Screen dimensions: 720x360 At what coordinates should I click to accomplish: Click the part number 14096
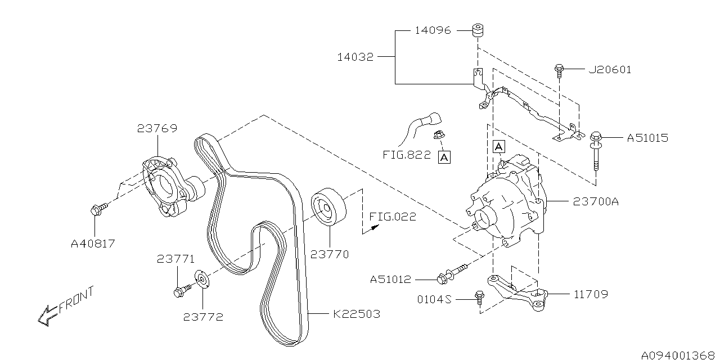(x=433, y=30)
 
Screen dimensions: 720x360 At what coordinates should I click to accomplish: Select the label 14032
(x=355, y=57)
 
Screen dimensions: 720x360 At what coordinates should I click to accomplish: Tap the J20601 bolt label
(x=610, y=70)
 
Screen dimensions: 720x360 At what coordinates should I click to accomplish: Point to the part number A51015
(x=647, y=138)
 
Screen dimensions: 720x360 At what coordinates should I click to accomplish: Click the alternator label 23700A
(x=596, y=201)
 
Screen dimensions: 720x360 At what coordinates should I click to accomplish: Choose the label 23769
(x=157, y=128)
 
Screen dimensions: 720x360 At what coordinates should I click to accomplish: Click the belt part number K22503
(x=357, y=314)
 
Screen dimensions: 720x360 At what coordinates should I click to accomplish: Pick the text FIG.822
(x=406, y=155)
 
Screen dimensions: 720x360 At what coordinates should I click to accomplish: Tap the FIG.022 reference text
(x=393, y=217)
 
